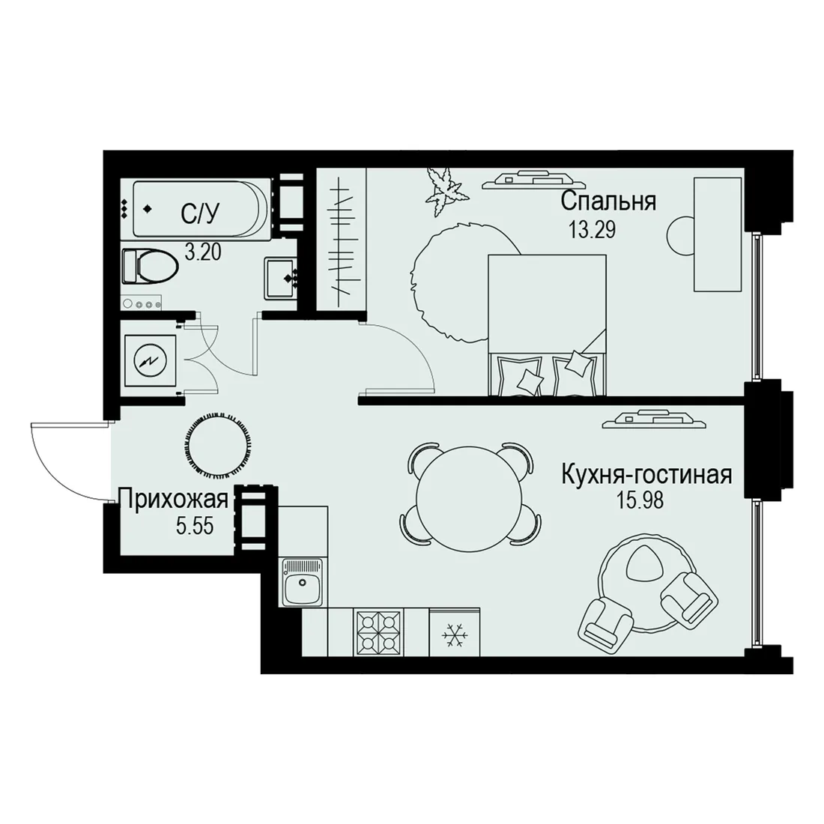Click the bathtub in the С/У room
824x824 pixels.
tap(197, 209)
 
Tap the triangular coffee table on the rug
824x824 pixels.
tap(642, 564)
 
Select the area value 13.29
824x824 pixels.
tap(593, 230)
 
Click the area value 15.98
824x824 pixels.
tap(640, 500)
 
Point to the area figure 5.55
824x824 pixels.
tap(195, 526)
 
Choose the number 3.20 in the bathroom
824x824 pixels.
tap(203, 252)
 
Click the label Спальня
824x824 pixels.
tap(608, 202)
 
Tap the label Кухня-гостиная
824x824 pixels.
tap(646, 475)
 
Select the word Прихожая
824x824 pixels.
tap(174, 500)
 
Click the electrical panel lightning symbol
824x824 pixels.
tap(150, 361)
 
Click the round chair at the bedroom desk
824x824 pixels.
tap(681, 236)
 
